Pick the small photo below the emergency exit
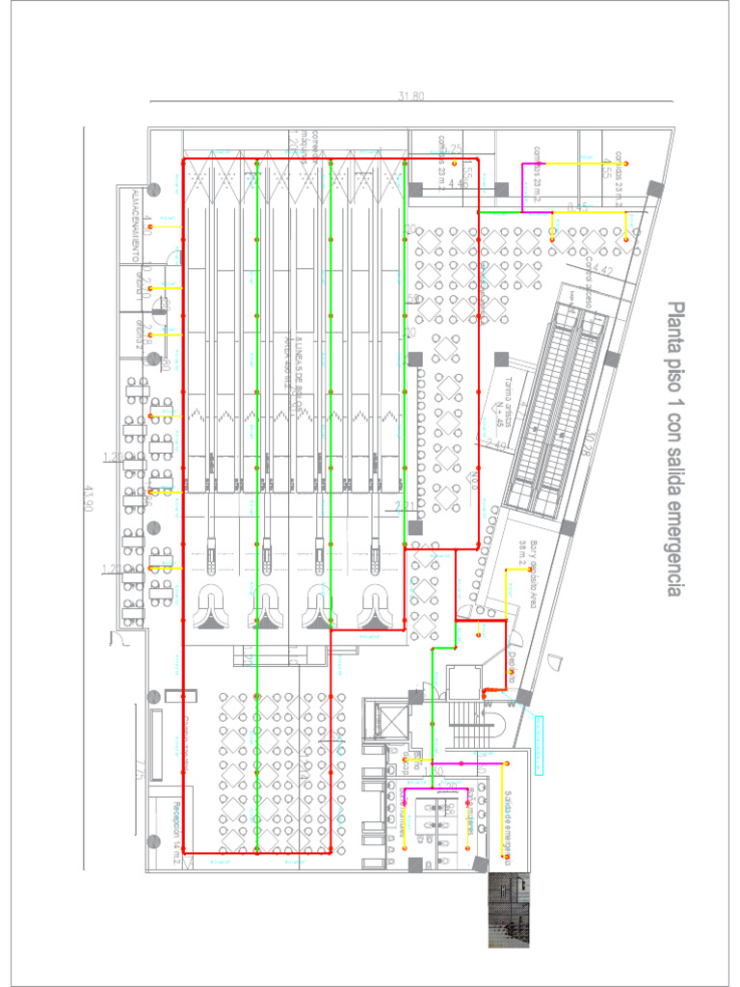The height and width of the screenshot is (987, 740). (x=509, y=910)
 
